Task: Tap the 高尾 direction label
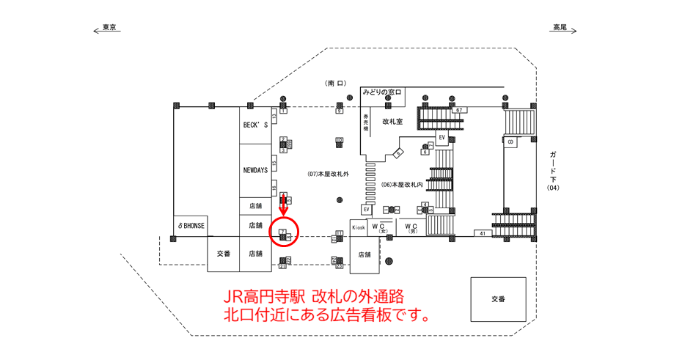pos(560,27)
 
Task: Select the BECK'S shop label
pos(254,125)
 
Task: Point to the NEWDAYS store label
pos(254,170)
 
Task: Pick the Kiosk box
pos(358,227)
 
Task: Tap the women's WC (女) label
pos(379,227)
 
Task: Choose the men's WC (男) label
pos(411,227)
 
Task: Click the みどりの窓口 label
pos(381,92)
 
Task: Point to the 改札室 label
pos(393,121)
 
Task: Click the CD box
pos(510,141)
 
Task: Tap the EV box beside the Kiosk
pos(366,210)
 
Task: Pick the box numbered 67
pos(459,110)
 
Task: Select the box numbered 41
pos(483,233)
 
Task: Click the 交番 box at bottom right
pos(498,299)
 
